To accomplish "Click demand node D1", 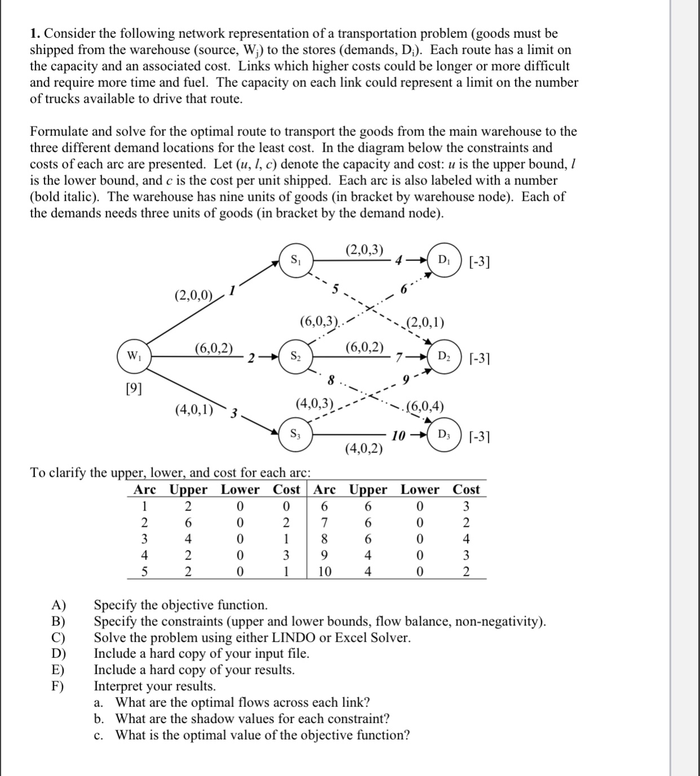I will point(444,260).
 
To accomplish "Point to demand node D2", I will point(444,357).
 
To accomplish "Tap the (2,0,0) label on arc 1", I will point(193,295).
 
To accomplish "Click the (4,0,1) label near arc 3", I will point(194,409).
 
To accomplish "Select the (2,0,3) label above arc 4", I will point(364,250).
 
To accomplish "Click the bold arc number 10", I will point(399,436).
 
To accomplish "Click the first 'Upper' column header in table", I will point(188,490).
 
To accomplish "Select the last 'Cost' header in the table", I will point(466,490).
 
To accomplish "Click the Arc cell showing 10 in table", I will point(324,572).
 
